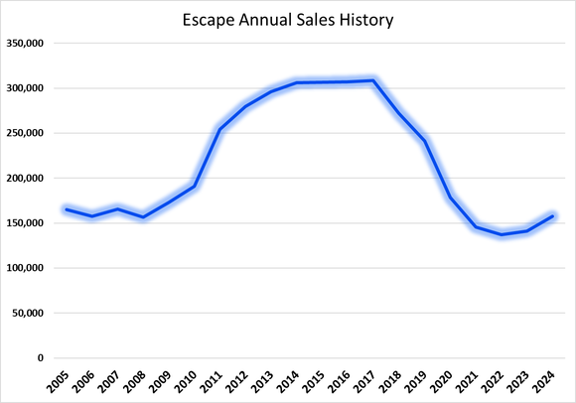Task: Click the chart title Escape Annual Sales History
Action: pos(287,18)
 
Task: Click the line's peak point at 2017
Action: pos(372,80)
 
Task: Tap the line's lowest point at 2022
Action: pos(501,235)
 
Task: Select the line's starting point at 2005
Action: pos(66,209)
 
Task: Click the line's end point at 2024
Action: pos(552,216)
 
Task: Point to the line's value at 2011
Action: pos(219,129)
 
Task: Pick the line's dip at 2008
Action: pos(142,217)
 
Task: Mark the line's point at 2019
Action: pos(424,140)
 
